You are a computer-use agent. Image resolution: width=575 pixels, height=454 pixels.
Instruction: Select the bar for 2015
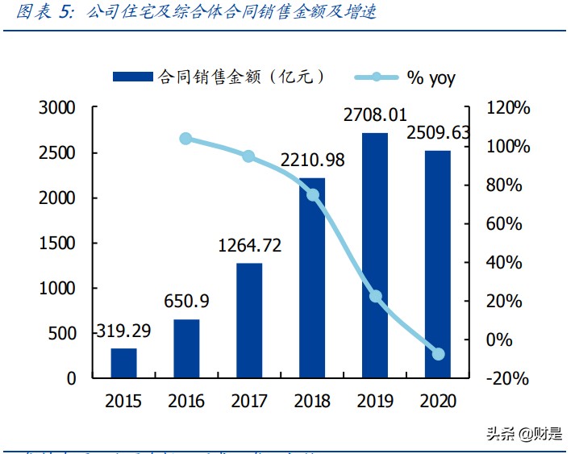124,363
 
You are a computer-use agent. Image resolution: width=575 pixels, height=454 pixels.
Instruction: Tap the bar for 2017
249,320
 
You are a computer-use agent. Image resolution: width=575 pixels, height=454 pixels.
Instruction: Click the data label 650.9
186,302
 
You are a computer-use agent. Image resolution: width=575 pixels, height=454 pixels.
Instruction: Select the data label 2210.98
312,160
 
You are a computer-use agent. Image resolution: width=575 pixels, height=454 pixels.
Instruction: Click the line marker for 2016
186,139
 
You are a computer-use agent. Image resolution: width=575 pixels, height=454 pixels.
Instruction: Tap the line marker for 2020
438,354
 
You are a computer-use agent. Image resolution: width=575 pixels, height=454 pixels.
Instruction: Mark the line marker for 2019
375,296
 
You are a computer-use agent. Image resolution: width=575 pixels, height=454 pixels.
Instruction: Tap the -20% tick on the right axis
509,378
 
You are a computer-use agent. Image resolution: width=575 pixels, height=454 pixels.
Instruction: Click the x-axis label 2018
312,401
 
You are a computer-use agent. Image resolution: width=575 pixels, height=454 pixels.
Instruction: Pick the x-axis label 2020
438,401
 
